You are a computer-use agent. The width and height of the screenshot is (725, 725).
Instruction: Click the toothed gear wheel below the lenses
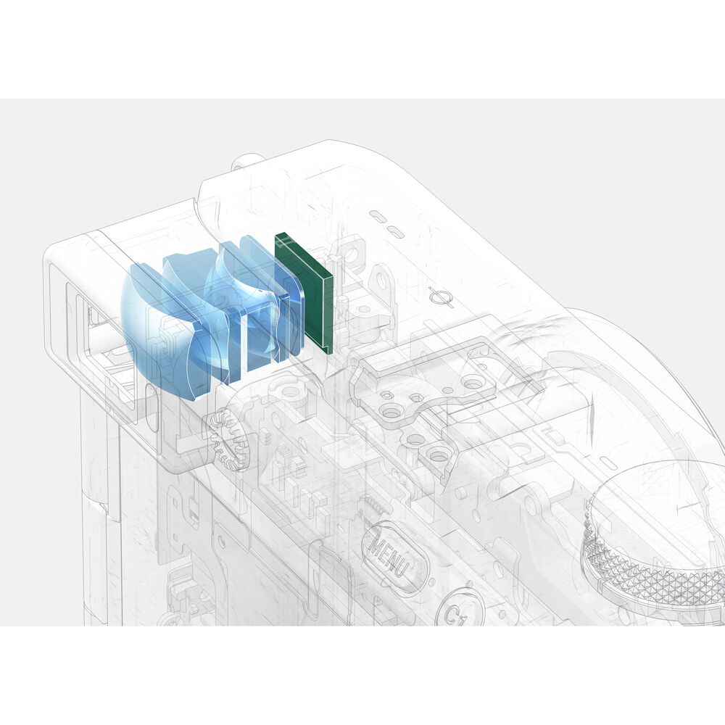[228, 439]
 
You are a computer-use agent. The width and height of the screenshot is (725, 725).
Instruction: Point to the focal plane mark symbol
[441, 296]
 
